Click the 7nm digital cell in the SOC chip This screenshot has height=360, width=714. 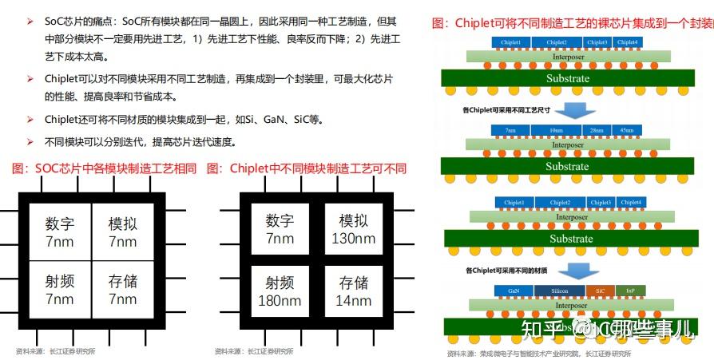point(59,230)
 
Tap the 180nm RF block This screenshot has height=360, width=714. point(280,291)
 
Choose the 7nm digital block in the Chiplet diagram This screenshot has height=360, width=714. point(280,229)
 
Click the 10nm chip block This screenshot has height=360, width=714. point(557,130)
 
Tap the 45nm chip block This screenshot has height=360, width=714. point(628,130)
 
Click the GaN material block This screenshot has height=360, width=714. point(513,291)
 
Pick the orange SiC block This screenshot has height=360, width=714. point(598,291)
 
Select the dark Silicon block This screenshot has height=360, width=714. point(557,291)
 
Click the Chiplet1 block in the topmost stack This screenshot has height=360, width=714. point(511,42)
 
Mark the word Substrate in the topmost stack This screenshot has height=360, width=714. point(567,78)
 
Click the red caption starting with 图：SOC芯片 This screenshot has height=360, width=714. point(105,168)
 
